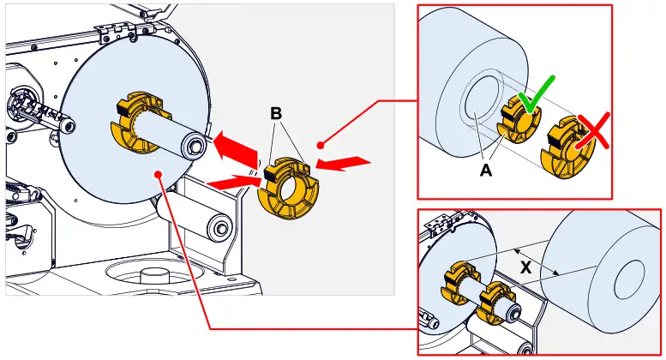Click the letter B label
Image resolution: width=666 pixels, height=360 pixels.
coord(276,113)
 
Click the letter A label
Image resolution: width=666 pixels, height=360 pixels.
coord(486,170)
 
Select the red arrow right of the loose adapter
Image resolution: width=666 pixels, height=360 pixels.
coord(343,163)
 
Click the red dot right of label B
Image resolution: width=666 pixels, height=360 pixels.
coord(320,144)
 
